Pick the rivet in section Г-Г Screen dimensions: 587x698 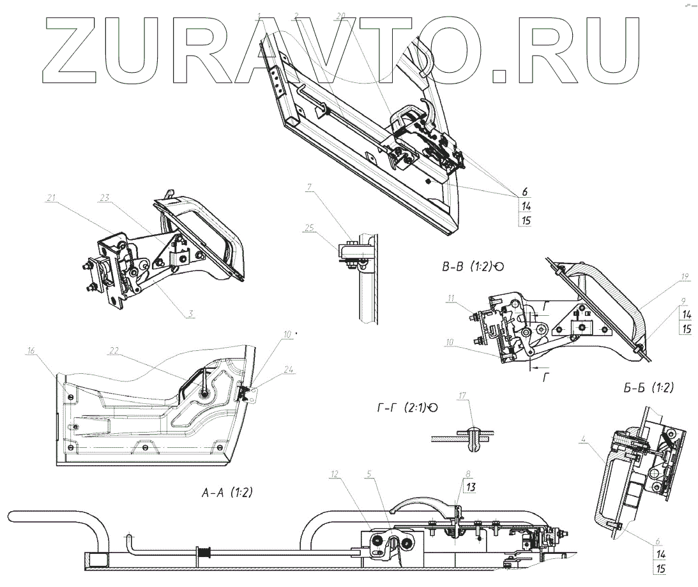[473, 439]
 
